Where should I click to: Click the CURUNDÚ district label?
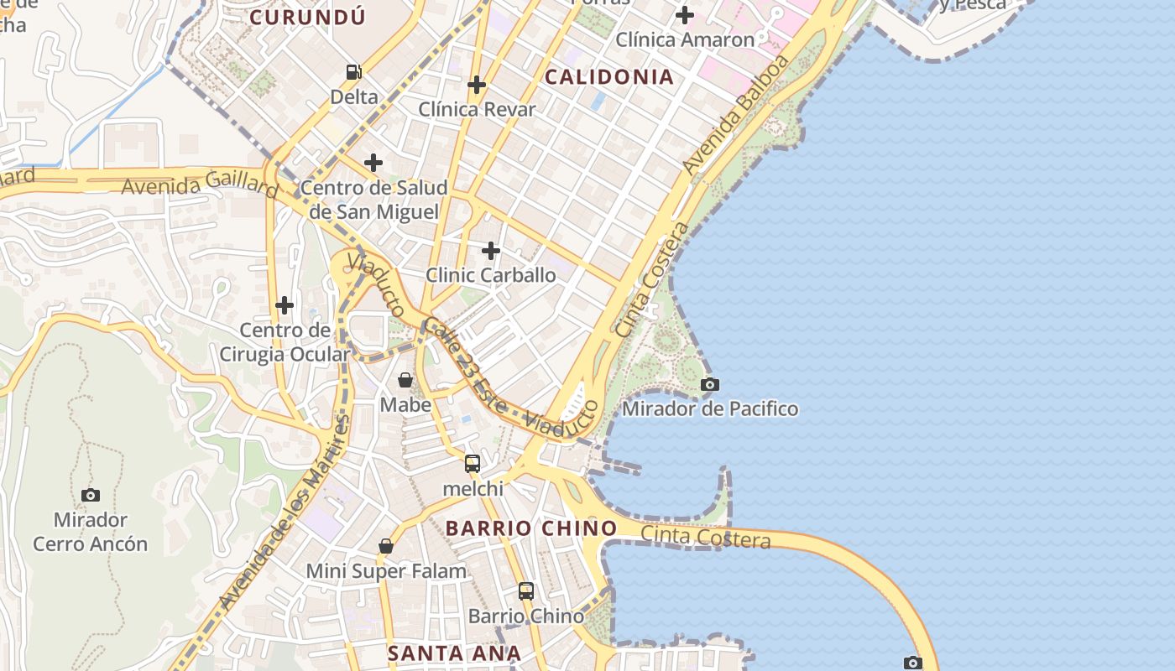point(307,17)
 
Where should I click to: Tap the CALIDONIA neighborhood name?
point(609,77)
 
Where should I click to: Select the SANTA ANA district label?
point(454,653)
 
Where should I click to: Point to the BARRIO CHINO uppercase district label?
point(531,528)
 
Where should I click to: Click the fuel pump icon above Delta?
point(354,73)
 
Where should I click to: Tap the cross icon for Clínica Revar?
point(477,85)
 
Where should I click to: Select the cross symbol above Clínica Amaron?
point(685,15)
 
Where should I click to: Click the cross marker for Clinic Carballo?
point(491,251)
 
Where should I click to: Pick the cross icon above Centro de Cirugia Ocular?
point(285,305)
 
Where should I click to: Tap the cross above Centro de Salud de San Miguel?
point(373,163)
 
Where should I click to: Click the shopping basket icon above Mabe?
point(405,381)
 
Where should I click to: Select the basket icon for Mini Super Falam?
point(386,547)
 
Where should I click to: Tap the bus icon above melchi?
point(473,464)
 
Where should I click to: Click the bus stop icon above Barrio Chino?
point(526,591)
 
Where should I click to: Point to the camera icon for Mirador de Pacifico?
point(710,385)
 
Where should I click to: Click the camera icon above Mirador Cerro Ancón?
point(91,496)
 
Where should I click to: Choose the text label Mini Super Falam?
point(386,572)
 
